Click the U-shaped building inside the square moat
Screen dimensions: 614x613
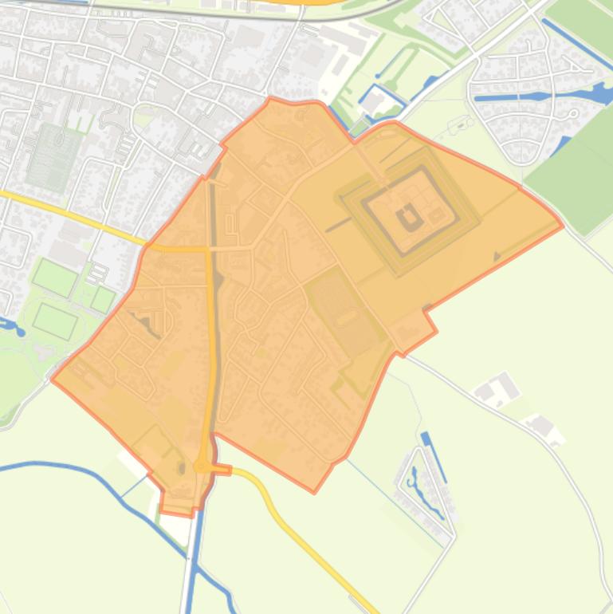click(410, 215)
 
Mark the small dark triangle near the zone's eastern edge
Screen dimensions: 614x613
click(497, 257)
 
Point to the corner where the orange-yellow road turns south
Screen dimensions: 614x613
click(209, 250)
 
